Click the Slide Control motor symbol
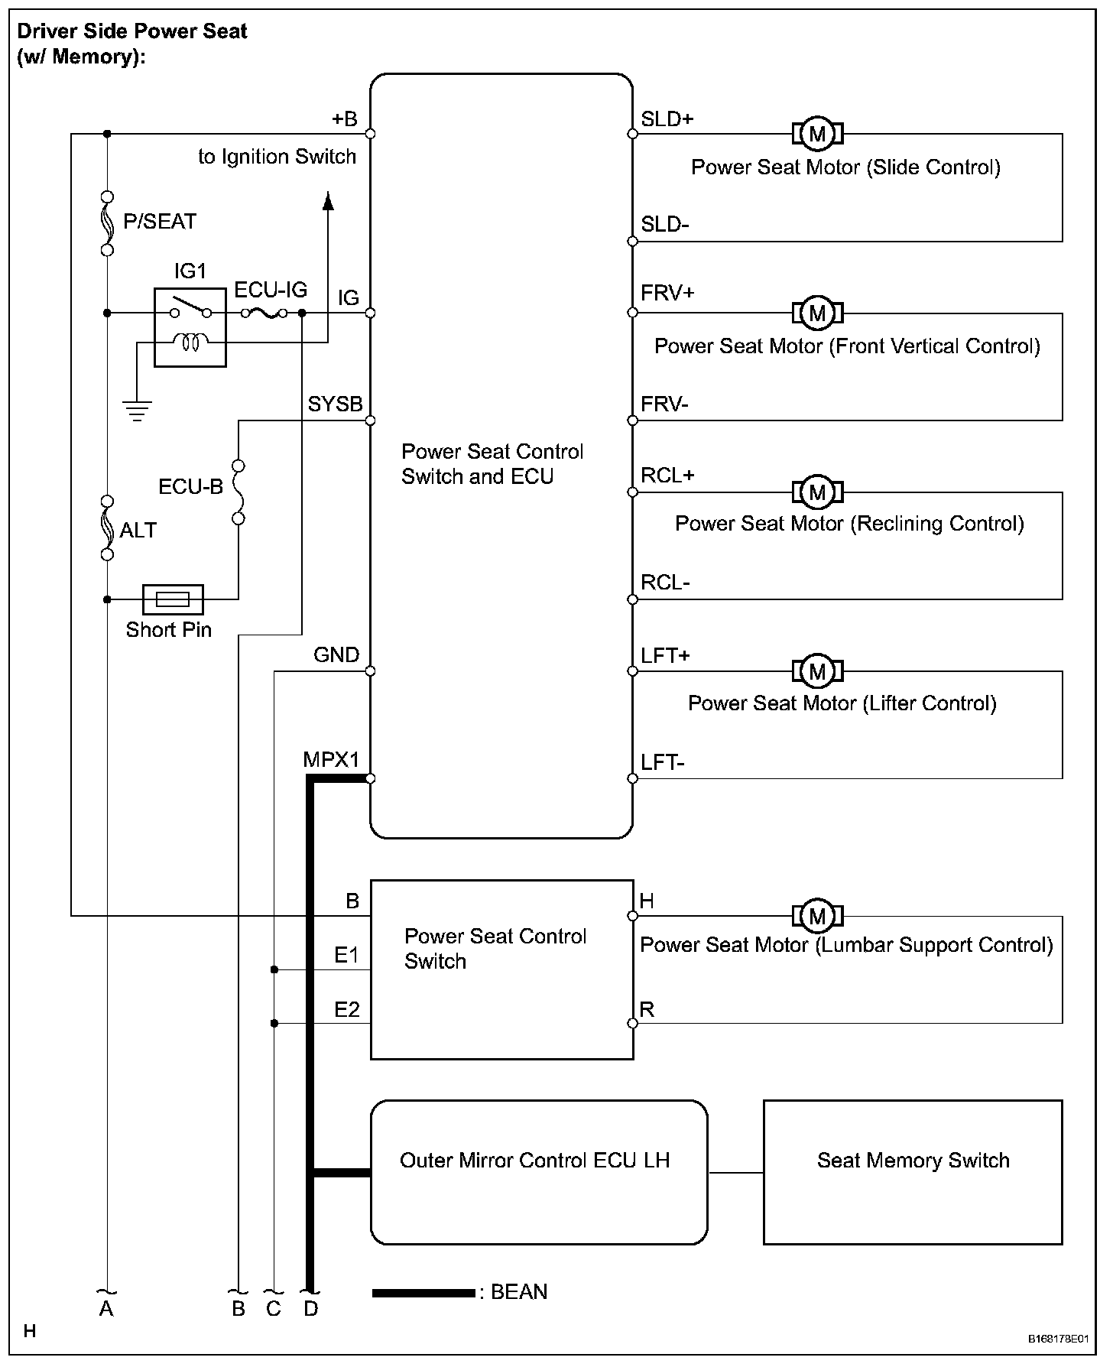click(x=817, y=134)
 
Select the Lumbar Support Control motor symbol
click(x=817, y=916)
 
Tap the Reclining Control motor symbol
click(x=817, y=492)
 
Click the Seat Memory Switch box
click(x=913, y=1172)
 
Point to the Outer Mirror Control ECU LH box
click(x=539, y=1172)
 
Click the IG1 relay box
click(x=190, y=327)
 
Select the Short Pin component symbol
click(x=173, y=599)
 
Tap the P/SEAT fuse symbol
click(x=107, y=223)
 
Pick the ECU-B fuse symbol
click(x=238, y=492)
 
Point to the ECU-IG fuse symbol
click(x=264, y=313)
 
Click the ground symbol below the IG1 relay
click(x=137, y=411)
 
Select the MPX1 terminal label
click(x=331, y=760)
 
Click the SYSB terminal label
click(x=335, y=404)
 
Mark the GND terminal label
click(x=336, y=655)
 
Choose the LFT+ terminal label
click(x=666, y=655)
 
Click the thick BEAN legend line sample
click(x=423, y=1293)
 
